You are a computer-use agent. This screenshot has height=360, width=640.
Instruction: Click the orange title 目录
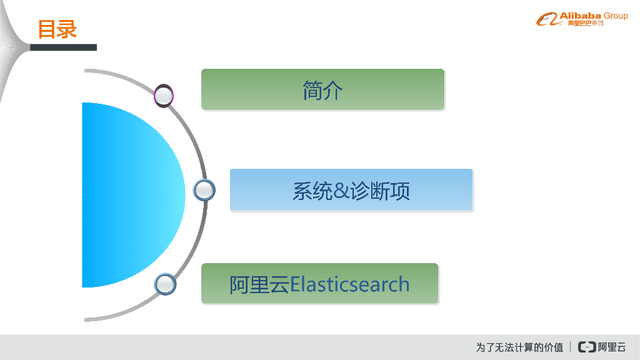(57, 29)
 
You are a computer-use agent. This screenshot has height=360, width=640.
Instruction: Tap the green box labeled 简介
(322, 90)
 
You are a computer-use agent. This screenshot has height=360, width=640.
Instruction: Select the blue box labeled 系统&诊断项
(351, 190)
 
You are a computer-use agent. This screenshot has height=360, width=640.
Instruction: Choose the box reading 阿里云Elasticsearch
(319, 284)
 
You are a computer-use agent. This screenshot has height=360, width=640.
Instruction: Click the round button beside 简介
(164, 96)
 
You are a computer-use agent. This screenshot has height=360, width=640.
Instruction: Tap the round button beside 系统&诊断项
(204, 190)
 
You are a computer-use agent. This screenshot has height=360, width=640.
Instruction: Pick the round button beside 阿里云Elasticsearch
(165, 284)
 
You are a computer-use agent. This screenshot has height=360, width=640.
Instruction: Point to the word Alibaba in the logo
(580, 16)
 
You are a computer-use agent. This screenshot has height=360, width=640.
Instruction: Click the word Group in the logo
(616, 16)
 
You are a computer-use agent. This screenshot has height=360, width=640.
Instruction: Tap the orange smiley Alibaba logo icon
(546, 20)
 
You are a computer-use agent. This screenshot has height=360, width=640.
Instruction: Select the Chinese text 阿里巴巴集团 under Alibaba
(586, 24)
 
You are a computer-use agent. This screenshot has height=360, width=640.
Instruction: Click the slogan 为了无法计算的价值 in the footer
(519, 347)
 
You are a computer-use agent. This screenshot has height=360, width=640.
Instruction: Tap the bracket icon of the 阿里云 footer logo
(587, 347)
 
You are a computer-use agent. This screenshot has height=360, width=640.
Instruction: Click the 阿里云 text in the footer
(612, 347)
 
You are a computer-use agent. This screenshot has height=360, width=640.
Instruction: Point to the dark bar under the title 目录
(63, 47)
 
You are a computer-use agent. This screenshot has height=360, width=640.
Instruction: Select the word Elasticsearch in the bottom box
(350, 284)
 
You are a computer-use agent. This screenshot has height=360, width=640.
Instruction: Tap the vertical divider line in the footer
(571, 347)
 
